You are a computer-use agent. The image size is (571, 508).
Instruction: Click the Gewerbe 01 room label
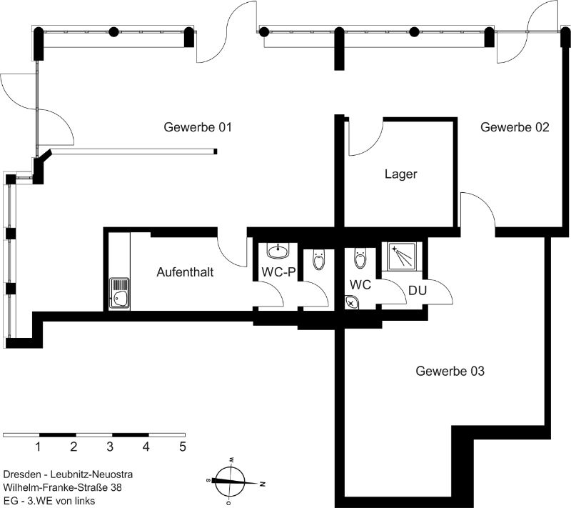click(x=198, y=127)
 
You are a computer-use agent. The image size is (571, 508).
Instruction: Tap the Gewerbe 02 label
click(x=515, y=127)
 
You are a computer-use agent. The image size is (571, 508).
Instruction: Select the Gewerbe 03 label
click(x=450, y=371)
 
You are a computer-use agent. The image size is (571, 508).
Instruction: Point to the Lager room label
click(x=401, y=174)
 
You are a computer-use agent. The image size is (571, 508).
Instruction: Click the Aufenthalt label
click(x=185, y=272)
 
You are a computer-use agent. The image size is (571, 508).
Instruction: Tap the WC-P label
click(x=278, y=272)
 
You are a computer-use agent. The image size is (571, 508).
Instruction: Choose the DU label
click(x=418, y=291)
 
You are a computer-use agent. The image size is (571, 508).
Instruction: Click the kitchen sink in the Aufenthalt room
click(x=120, y=294)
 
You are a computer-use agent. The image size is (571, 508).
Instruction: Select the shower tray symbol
click(x=402, y=257)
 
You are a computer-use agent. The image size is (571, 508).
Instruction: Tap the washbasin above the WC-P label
click(x=278, y=251)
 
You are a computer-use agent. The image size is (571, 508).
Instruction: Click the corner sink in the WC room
click(x=351, y=302)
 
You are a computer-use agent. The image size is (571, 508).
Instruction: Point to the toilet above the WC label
click(x=360, y=259)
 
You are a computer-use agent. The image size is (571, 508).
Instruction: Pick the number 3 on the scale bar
click(x=110, y=447)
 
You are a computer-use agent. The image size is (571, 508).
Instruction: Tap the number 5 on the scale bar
click(x=183, y=447)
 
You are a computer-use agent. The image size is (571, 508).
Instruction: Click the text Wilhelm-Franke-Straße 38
click(x=62, y=487)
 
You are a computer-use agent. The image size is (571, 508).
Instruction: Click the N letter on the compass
click(x=262, y=484)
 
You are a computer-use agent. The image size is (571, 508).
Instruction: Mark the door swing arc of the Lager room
click(x=366, y=138)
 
